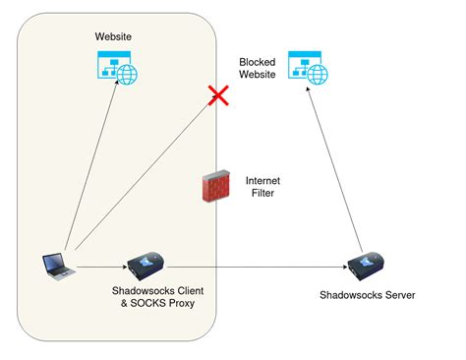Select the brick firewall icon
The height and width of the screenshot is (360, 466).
click(x=214, y=187)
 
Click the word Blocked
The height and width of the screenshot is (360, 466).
click(x=258, y=62)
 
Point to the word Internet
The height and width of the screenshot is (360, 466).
click(x=262, y=180)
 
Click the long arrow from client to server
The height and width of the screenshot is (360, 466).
click(x=256, y=267)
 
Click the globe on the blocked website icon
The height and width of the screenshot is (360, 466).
click(x=318, y=73)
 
